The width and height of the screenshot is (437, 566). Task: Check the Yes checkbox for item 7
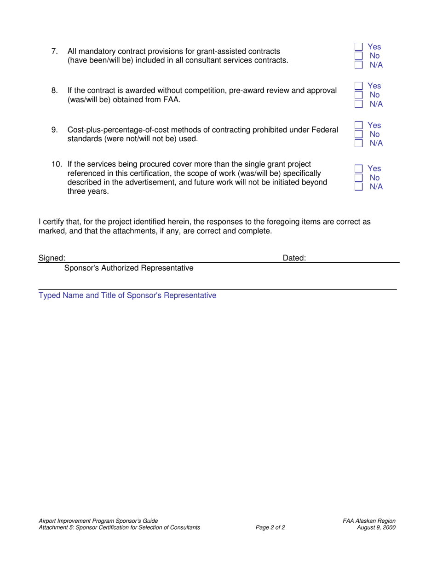tap(358, 47)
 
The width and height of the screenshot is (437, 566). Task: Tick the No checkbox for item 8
tap(358, 95)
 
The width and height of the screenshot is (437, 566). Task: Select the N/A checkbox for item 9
tap(358, 143)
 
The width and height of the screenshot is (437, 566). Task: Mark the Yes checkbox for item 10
tap(358, 169)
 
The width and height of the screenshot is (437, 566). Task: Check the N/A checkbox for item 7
tap(358, 65)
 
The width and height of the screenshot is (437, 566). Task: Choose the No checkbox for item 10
tap(358, 178)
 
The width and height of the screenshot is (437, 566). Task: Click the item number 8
tap(54, 90)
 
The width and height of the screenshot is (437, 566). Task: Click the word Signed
tap(52, 259)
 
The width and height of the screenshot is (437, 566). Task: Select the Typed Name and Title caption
tap(127, 295)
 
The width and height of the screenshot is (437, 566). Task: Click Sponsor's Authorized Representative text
tap(129, 268)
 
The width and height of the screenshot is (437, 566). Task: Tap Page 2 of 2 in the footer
tap(270, 527)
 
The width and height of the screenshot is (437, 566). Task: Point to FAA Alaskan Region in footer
tap(369, 521)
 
